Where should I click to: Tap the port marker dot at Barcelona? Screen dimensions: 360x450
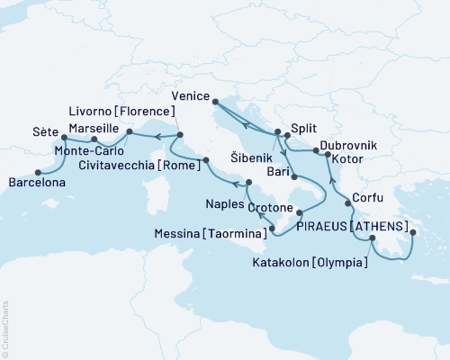(37, 171)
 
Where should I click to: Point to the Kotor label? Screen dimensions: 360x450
(347, 159)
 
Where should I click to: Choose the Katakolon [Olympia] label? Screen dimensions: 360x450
(319, 262)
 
